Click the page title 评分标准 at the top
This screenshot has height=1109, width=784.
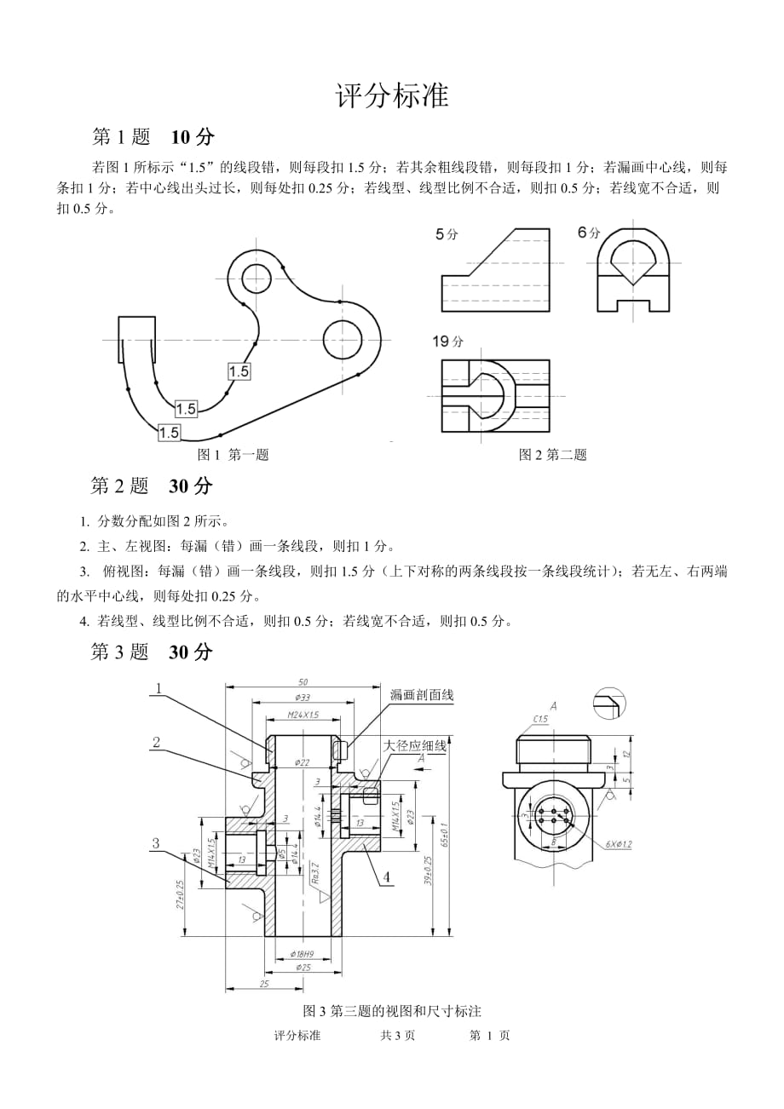click(392, 95)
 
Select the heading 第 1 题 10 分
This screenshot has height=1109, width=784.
click(153, 136)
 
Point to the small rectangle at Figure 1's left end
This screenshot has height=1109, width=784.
click(136, 329)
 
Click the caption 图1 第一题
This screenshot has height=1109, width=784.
click(233, 455)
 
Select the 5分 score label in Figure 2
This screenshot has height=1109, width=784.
click(447, 234)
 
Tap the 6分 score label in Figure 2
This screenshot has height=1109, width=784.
click(589, 233)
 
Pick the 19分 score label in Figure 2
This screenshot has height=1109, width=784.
click(447, 342)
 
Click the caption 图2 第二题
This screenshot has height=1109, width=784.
click(553, 455)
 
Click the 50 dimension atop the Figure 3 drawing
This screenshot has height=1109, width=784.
click(303, 681)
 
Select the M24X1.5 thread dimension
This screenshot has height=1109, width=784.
click(303, 715)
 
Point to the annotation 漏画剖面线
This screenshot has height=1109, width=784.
click(422, 695)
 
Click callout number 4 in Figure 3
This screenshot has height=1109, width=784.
click(387, 876)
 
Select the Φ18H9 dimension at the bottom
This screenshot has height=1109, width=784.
click(303, 953)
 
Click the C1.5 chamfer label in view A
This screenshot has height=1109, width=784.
click(540, 721)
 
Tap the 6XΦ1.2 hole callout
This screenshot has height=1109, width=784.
click(620, 844)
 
